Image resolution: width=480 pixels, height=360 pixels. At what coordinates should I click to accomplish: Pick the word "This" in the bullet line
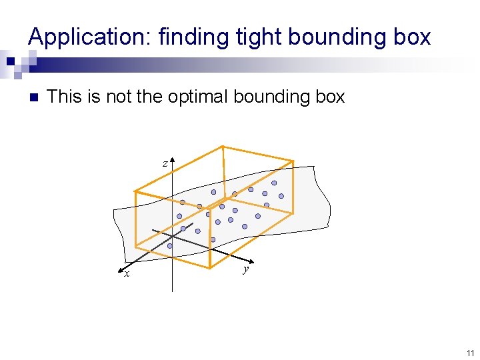tap(64, 97)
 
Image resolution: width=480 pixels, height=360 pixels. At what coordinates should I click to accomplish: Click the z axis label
tap(165, 163)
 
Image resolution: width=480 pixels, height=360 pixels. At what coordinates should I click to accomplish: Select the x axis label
tap(125, 273)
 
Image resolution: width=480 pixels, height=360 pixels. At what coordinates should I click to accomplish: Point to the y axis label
tap(246, 269)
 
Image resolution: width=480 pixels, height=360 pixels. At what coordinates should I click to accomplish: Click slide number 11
tap(470, 353)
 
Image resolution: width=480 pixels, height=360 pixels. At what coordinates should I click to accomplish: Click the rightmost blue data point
tap(281, 196)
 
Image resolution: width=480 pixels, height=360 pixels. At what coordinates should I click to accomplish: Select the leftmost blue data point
tap(169, 246)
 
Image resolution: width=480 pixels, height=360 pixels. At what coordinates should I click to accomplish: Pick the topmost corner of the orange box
tap(223, 146)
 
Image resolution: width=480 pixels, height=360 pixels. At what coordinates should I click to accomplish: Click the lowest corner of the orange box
tap(210, 269)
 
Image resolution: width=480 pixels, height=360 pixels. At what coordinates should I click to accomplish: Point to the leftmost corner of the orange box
tap(135, 192)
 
